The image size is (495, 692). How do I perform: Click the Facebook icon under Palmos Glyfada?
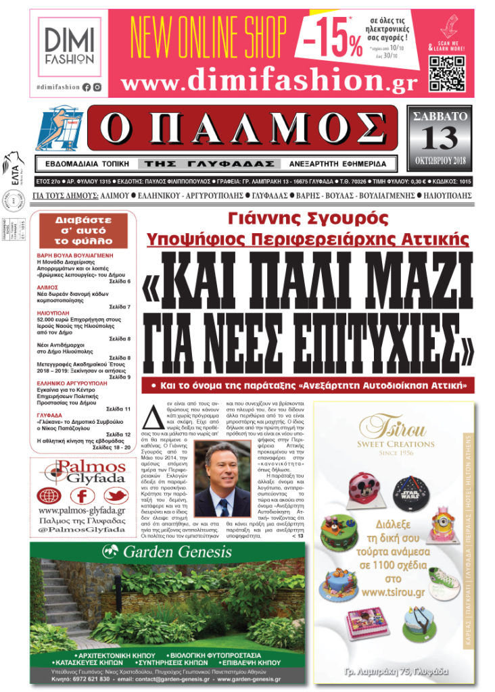click(x=81, y=496)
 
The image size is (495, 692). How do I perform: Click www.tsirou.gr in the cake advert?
click(x=393, y=592)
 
